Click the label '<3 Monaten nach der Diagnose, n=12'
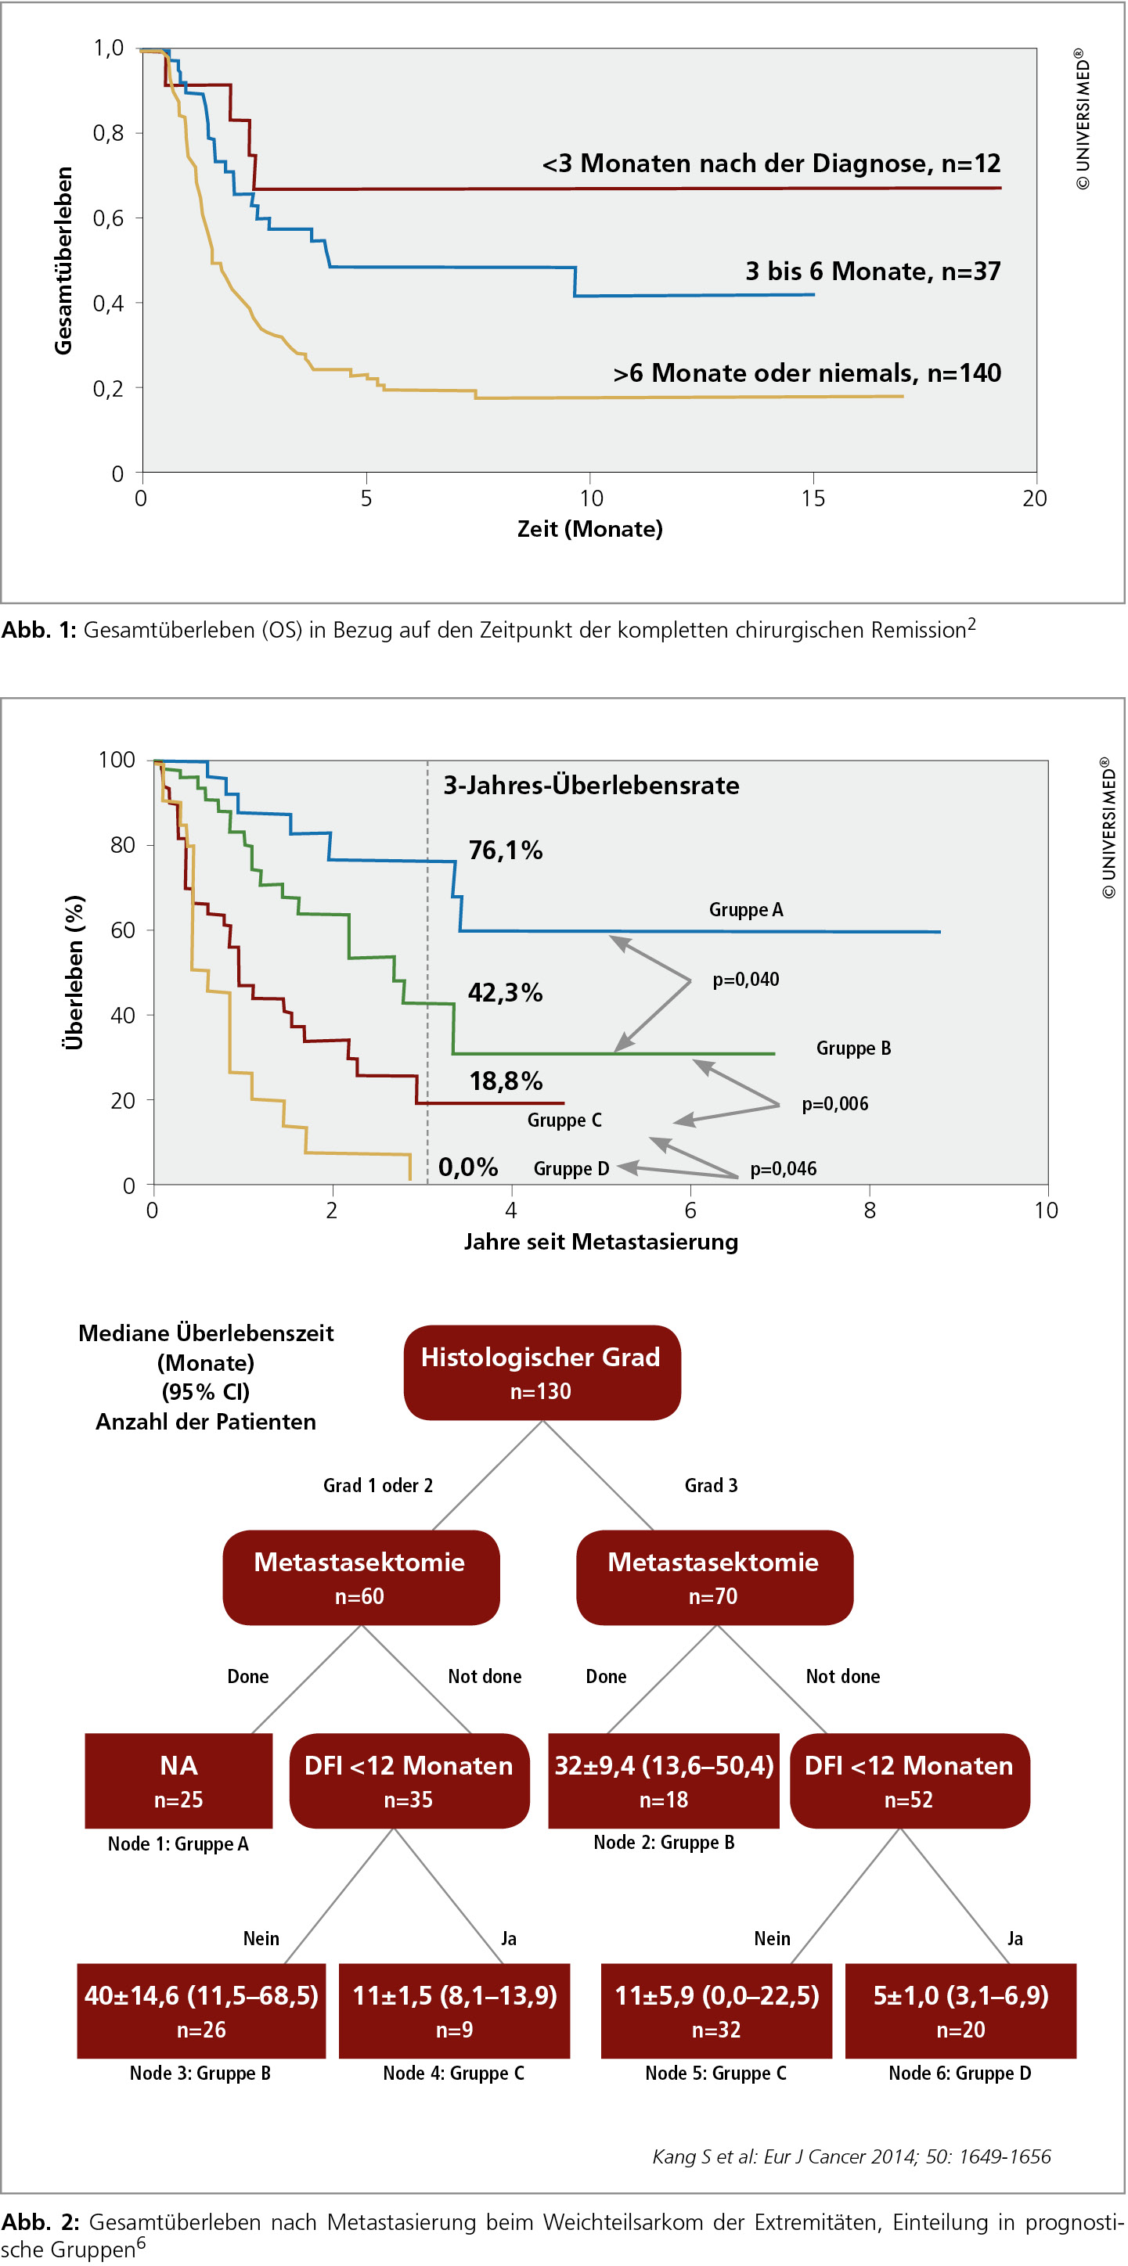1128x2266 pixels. click(771, 164)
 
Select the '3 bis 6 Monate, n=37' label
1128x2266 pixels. click(873, 271)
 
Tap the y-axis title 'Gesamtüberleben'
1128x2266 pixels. click(63, 261)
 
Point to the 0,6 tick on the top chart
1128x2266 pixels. click(108, 218)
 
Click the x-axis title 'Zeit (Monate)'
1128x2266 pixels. click(589, 529)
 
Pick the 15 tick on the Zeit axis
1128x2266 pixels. click(813, 498)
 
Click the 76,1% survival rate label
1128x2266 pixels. click(505, 850)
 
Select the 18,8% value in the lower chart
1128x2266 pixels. click(505, 1081)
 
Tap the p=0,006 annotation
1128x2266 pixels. click(834, 1104)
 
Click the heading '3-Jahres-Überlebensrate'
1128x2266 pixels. click(590, 785)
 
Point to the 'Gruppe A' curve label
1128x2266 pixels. click(746, 909)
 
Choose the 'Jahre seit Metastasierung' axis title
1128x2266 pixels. click(601, 1241)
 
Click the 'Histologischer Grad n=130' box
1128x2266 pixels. click(542, 1372)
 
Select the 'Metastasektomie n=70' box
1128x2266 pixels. click(715, 1577)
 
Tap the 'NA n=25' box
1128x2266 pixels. click(178, 1780)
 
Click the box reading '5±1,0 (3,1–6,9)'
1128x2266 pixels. click(960, 2010)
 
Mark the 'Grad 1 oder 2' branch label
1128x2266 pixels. click(378, 1485)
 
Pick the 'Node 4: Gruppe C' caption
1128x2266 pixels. click(454, 2074)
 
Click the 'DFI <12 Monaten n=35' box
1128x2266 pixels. click(409, 1780)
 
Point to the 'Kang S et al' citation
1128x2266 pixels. click(852, 2156)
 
